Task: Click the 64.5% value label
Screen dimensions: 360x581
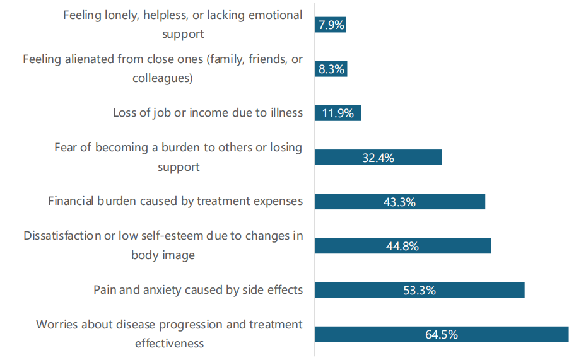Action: pos(441,334)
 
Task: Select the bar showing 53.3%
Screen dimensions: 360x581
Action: pos(420,290)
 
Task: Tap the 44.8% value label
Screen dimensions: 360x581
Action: pos(402,246)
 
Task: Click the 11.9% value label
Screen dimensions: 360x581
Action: pos(337,113)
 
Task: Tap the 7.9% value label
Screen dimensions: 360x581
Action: pos(331,25)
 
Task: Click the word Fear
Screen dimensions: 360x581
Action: pos(66,148)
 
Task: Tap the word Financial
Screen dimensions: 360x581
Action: pos(71,201)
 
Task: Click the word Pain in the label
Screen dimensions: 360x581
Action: pos(105,289)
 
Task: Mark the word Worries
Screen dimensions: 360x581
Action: pos(57,324)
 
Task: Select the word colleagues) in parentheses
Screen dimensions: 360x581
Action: pos(163,79)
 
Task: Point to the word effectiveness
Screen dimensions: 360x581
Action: pos(169,344)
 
